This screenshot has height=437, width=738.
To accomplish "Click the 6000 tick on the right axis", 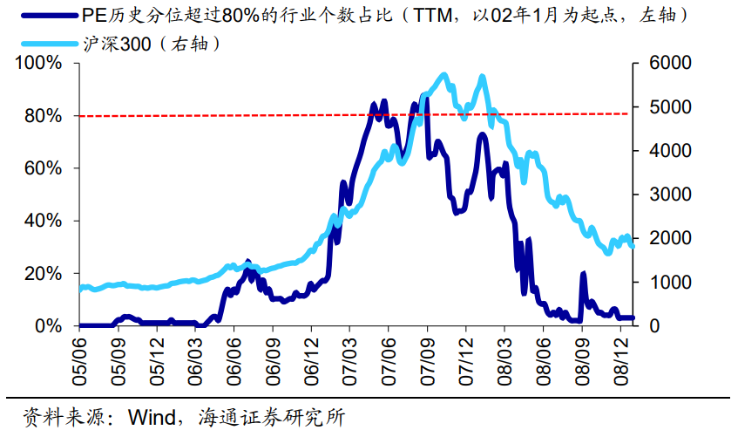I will tap(667, 64).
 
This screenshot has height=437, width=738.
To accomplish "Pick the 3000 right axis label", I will tap(667, 195).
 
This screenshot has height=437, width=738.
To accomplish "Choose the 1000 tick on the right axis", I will tap(667, 282).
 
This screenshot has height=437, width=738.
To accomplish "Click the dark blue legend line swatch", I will tap(44, 16).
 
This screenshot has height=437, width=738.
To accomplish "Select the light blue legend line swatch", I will tap(44, 43).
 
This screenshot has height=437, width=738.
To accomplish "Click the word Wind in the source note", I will tap(152, 416).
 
